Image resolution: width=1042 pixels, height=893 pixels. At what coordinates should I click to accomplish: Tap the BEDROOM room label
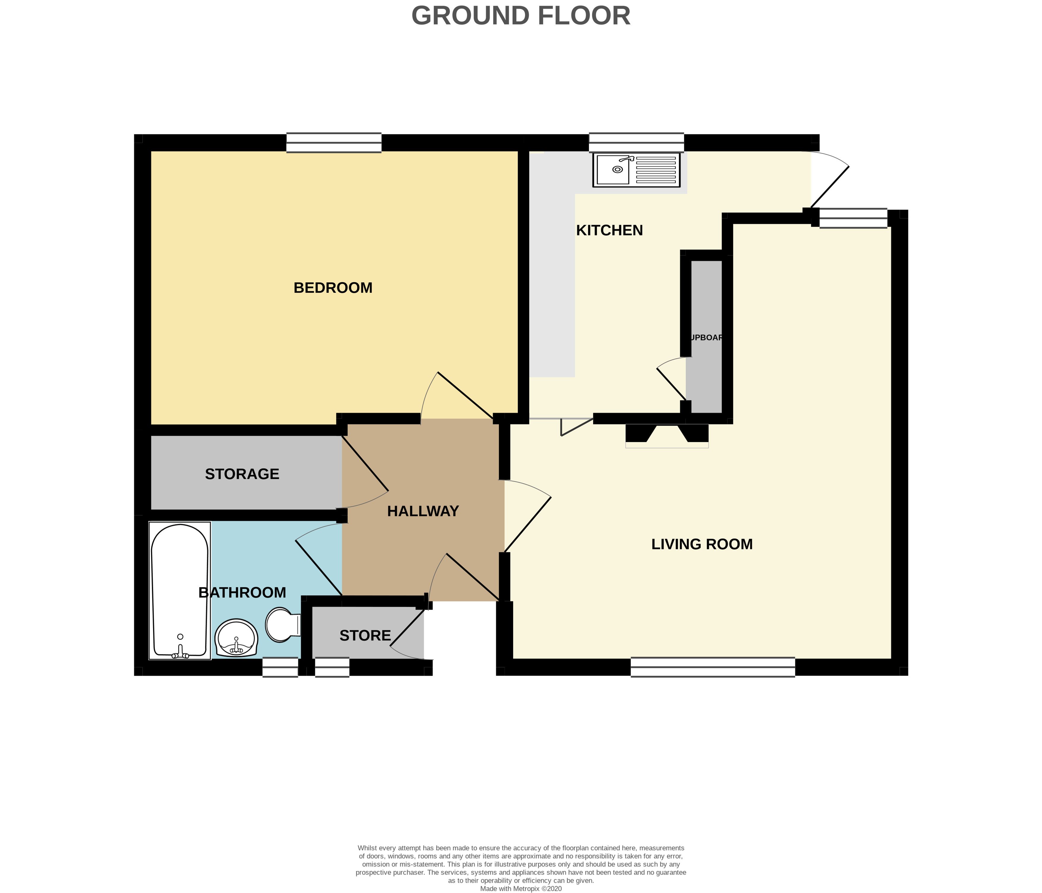pos(333,288)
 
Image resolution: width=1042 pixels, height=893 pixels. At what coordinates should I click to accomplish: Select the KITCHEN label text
pos(609,230)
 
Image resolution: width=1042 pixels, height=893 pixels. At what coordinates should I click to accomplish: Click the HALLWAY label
pos(423,511)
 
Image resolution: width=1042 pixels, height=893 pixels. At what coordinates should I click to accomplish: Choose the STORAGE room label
pos(242,474)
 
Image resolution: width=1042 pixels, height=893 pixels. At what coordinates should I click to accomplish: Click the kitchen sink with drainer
pos(636,169)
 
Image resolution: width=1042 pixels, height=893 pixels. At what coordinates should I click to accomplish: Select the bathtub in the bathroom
pos(179,590)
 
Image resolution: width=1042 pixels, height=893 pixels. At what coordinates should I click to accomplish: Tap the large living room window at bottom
pos(712,667)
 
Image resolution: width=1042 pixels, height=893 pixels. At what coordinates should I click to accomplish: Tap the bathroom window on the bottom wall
pos(280,668)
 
